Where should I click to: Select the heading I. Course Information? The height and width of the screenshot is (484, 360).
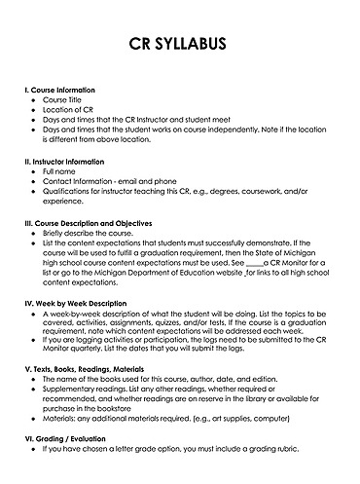[x=65, y=89]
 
